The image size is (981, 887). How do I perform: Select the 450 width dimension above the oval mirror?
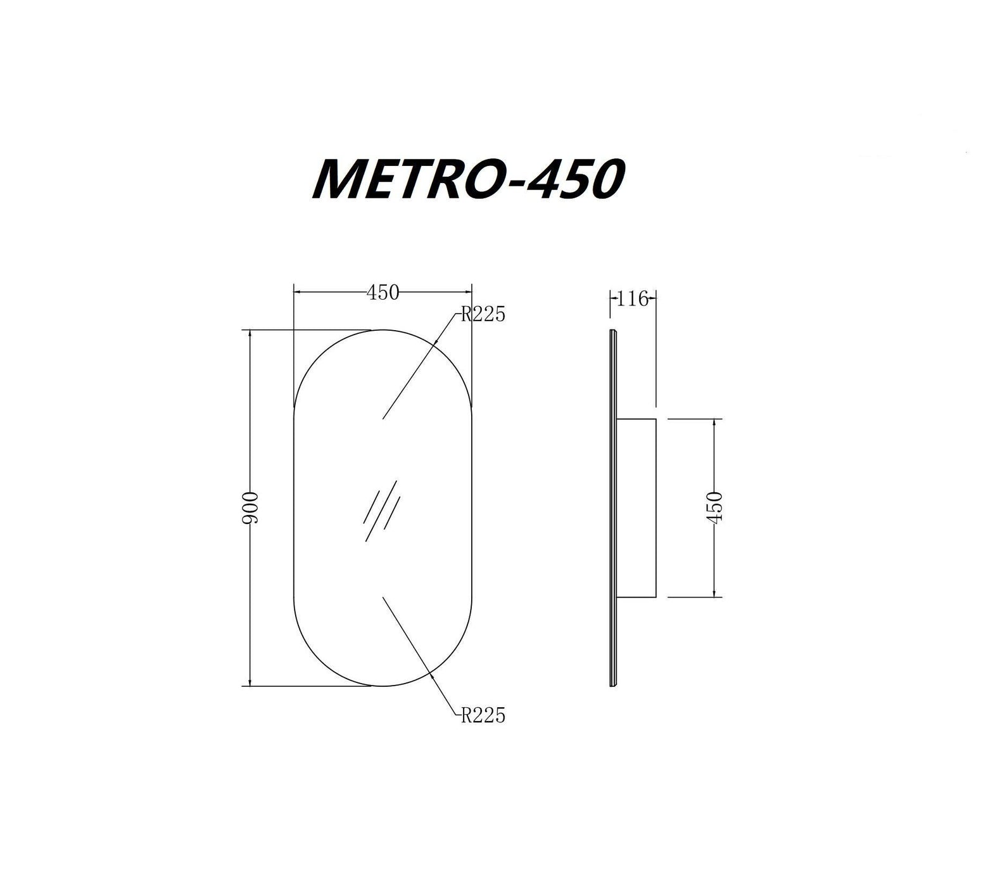click(x=383, y=292)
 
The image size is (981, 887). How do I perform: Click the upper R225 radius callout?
click(x=483, y=314)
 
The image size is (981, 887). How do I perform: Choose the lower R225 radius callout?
click(x=483, y=715)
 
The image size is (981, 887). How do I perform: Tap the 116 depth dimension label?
click(x=633, y=298)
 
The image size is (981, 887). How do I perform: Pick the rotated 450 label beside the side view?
click(x=714, y=507)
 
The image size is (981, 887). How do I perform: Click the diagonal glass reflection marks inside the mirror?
click(x=381, y=511)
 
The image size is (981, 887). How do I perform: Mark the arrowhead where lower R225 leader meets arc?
click(x=432, y=675)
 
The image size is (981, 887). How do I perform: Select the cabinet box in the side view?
click(x=636, y=507)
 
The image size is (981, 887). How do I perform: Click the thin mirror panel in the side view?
click(x=612, y=507)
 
